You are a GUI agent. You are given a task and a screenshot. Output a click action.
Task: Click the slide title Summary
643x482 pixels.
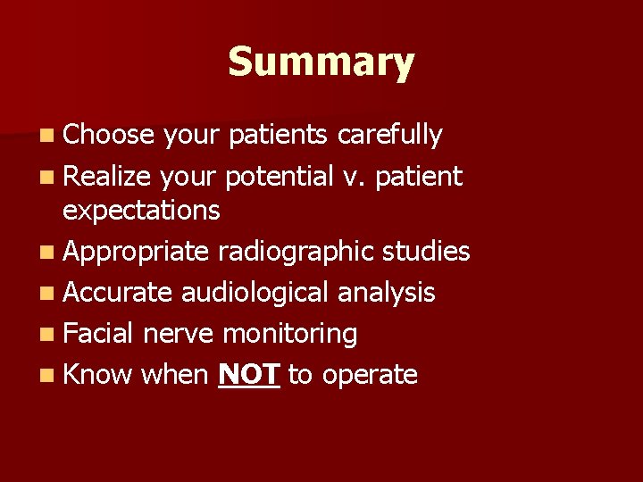(321, 63)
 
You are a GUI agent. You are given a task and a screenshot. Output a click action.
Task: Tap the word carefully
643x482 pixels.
(389, 135)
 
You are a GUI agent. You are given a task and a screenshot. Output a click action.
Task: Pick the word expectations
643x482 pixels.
(141, 211)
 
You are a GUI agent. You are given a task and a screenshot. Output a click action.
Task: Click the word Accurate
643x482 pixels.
(118, 292)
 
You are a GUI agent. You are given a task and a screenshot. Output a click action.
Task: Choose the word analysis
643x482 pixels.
(389, 292)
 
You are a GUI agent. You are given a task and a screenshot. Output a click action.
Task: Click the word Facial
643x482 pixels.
(98, 333)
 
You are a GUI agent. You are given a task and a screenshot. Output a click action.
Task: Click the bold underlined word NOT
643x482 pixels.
(250, 374)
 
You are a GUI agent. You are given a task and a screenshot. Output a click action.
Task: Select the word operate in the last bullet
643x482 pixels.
(370, 374)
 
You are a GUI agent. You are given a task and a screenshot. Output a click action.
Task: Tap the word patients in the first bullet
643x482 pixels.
(280, 135)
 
